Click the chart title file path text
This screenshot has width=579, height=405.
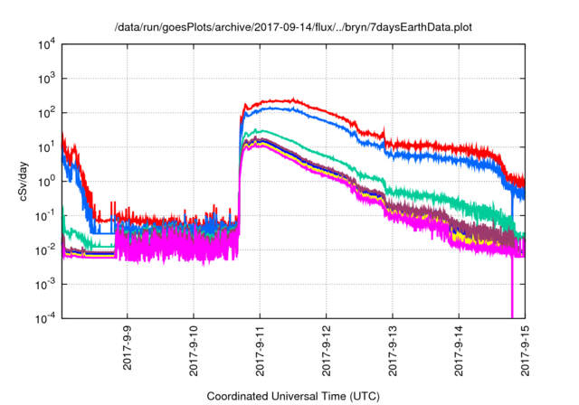click(293, 27)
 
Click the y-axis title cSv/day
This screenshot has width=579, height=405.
click(24, 181)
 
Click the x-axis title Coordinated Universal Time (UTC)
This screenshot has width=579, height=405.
click(293, 396)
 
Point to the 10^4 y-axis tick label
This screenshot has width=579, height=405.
click(46, 45)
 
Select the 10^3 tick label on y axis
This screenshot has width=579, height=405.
click(46, 79)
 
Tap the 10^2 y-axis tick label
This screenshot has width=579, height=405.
click(46, 113)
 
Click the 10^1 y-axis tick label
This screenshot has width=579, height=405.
click(46, 147)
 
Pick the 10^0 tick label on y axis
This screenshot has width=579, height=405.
click(46, 182)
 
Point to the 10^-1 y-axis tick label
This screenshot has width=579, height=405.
click(46, 216)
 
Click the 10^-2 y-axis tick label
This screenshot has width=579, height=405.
click(46, 250)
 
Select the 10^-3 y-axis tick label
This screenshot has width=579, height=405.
click(46, 285)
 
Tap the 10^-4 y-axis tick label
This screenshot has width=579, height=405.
click(46, 318)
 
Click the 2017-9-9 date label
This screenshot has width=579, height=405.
click(128, 347)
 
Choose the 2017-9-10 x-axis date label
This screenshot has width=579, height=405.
click(194, 351)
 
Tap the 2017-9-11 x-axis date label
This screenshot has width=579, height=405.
click(260, 351)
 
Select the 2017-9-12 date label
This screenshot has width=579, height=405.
click(326, 351)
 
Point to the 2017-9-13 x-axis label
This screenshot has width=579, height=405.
click(393, 351)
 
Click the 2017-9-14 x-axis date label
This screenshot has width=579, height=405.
click(459, 351)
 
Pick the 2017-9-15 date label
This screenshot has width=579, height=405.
click(525, 351)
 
